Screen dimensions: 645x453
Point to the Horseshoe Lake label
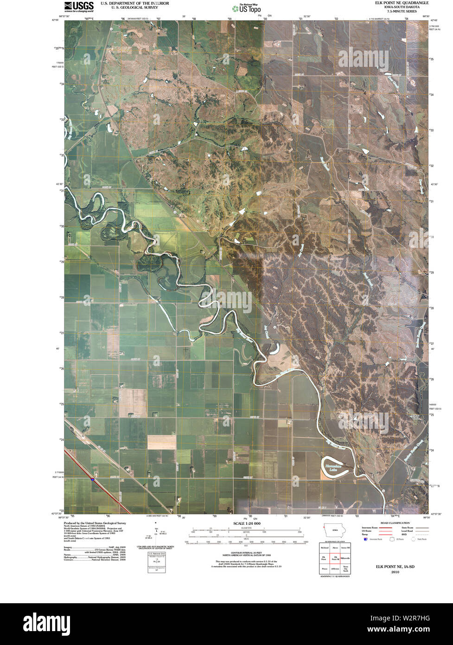tap(333, 466)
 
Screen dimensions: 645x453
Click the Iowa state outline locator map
tap(333, 530)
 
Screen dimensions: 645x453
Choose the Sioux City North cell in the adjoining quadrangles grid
tap(345, 569)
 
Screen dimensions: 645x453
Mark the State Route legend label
tap(408, 528)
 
